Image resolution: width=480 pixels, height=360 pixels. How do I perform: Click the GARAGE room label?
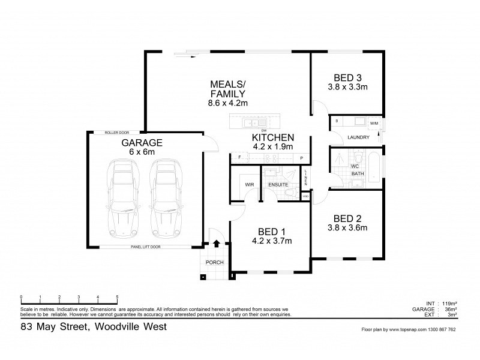tap(142, 143)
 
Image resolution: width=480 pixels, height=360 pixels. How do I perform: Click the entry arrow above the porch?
tap(215, 244)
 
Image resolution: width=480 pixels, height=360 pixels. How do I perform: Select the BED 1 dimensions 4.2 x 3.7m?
tap(272, 242)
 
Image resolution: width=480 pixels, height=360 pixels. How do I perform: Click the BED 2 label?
tap(347, 218)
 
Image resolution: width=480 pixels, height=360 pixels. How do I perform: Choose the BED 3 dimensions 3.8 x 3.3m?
tap(347, 87)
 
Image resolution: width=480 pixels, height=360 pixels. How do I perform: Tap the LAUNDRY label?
tap(358, 137)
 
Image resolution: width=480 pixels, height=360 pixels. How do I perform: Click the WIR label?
tap(248, 184)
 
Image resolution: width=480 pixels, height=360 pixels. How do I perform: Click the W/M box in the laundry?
tap(374, 124)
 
